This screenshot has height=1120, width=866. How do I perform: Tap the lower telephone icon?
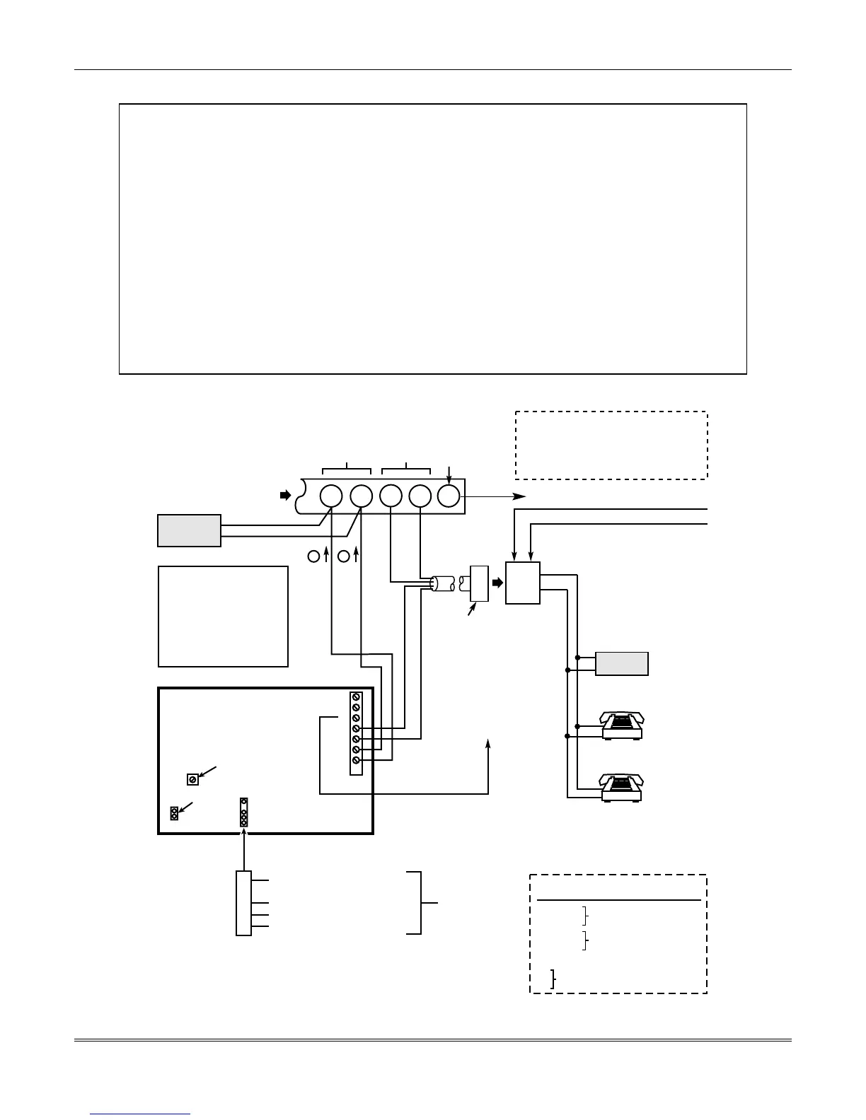[x=623, y=788]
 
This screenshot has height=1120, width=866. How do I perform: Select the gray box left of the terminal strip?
[x=189, y=530]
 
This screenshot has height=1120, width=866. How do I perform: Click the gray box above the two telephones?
[x=622, y=664]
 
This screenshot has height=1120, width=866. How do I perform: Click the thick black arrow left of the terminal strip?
[x=285, y=496]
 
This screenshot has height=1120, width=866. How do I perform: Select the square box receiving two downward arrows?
[x=523, y=583]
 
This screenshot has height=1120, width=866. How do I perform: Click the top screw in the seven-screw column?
[x=357, y=696]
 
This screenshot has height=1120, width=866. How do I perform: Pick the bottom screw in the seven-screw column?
[x=357, y=760]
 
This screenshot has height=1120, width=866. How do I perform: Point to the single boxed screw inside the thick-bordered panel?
[x=192, y=779]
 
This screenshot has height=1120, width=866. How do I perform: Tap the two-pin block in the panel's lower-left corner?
[x=174, y=813]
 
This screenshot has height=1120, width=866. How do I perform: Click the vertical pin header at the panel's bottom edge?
[x=243, y=812]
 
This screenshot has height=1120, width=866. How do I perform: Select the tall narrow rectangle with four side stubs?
[x=243, y=904]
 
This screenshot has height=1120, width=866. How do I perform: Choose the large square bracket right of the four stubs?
[x=421, y=903]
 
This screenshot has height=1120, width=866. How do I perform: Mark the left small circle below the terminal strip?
[x=314, y=556]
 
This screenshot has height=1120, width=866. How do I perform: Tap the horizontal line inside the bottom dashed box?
[x=619, y=900]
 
